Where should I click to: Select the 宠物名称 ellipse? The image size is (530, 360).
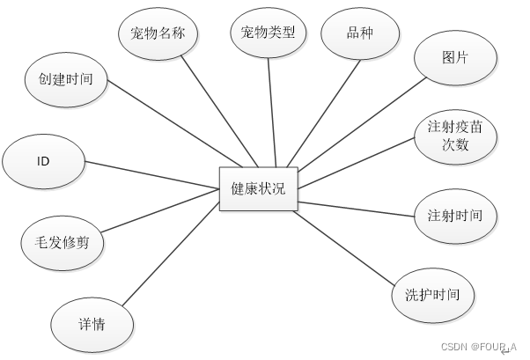[158, 33]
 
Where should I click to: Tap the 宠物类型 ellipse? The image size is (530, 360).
[268, 33]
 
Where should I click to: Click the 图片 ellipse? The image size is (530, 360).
[454, 58]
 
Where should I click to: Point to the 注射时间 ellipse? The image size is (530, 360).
[455, 216]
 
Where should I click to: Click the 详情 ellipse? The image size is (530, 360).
[92, 324]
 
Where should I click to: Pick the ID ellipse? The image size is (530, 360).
[43, 163]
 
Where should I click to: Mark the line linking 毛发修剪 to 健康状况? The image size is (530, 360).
[158, 215]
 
